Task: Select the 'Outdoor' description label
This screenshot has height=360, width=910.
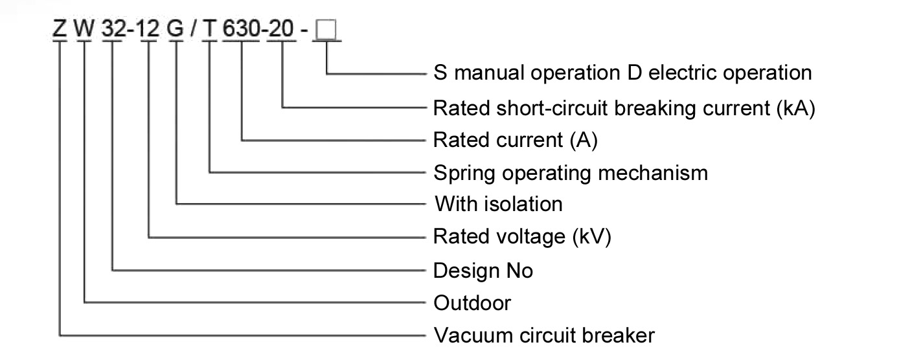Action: (x=472, y=302)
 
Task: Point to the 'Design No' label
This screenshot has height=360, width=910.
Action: (x=483, y=269)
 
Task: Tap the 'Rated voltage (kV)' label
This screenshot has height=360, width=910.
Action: (x=522, y=236)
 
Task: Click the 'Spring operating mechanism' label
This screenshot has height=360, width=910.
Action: (x=571, y=173)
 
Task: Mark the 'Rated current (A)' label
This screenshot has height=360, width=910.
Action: (x=515, y=140)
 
